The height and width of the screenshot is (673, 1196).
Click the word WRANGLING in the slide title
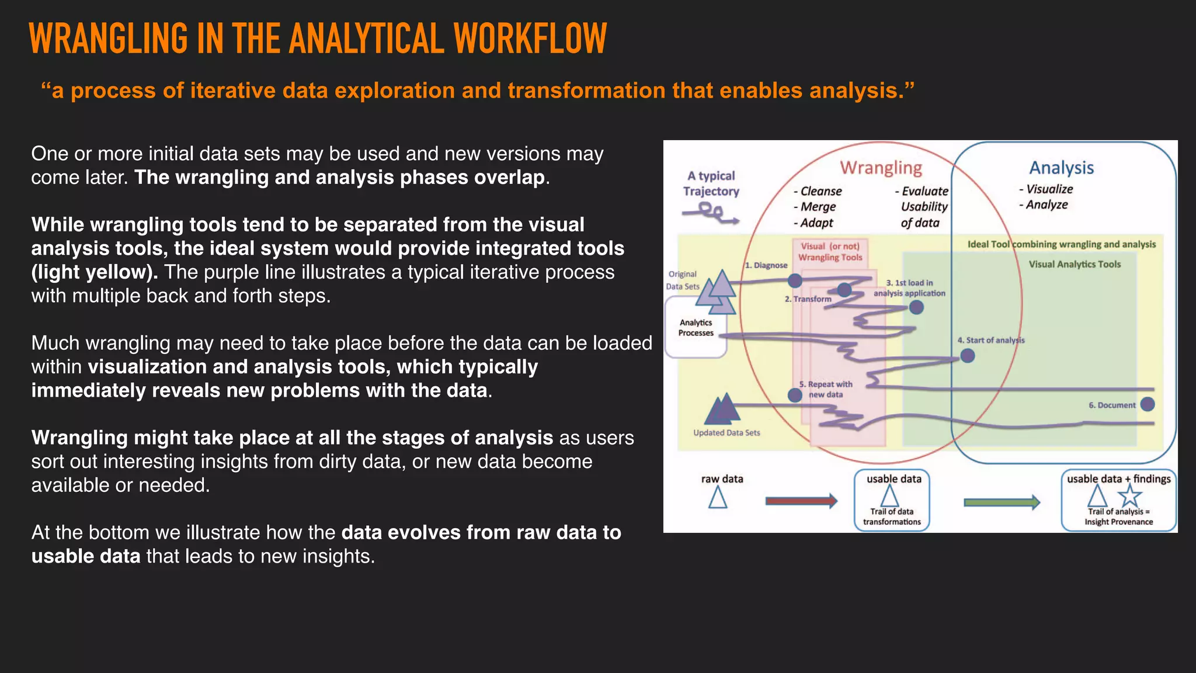(108, 39)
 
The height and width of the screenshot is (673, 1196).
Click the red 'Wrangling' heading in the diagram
(881, 168)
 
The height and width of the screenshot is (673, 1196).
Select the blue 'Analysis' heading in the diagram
(1061, 168)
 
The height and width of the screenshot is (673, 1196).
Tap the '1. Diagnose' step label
(766, 265)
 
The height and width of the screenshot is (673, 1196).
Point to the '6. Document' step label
(1112, 405)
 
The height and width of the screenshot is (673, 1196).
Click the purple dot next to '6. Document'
(1148, 404)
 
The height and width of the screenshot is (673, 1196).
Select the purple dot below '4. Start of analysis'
(968, 355)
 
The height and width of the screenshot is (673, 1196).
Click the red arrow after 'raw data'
(801, 501)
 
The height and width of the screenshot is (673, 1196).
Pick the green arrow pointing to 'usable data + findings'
(1001, 502)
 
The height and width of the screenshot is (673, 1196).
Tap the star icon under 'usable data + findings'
(1130, 496)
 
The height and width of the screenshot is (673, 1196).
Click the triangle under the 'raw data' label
(718, 498)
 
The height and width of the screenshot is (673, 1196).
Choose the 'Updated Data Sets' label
(726, 433)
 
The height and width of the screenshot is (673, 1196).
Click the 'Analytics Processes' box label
(696, 328)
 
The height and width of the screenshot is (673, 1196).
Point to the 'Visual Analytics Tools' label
(1075, 264)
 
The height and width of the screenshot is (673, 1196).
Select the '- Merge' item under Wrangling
(815, 207)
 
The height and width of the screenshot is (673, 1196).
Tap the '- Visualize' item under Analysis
(1046, 189)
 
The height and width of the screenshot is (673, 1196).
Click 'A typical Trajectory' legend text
(711, 183)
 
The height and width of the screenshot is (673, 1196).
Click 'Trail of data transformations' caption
(892, 516)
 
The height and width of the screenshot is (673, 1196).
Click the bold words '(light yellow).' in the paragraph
(94, 272)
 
